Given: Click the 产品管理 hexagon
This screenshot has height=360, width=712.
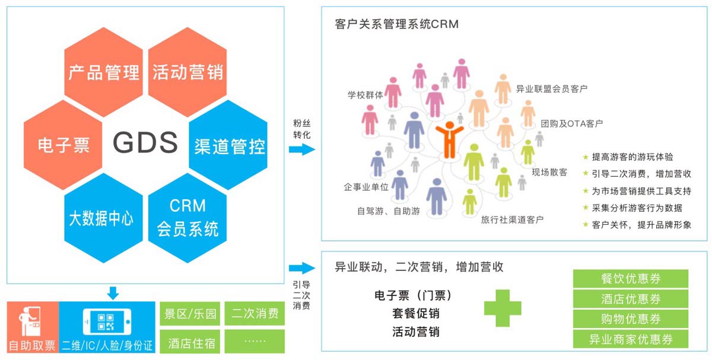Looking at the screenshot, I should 104,72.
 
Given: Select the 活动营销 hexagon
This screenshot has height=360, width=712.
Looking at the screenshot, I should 187,72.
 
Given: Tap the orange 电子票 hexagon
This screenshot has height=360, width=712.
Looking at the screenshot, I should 63,145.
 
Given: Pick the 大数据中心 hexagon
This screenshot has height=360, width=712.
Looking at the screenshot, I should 102,218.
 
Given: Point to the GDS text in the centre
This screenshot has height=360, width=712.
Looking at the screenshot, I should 145,143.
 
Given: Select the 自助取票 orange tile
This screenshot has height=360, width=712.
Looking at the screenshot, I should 33,327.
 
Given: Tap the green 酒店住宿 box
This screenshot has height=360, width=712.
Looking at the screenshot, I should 190,342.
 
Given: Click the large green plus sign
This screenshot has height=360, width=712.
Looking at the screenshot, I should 503,309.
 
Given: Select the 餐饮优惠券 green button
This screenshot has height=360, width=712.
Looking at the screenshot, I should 631,279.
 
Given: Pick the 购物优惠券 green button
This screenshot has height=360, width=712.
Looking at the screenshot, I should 631,319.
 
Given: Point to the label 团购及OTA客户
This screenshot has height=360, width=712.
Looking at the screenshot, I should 571,124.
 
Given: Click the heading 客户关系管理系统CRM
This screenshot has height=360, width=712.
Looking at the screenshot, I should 396,24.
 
